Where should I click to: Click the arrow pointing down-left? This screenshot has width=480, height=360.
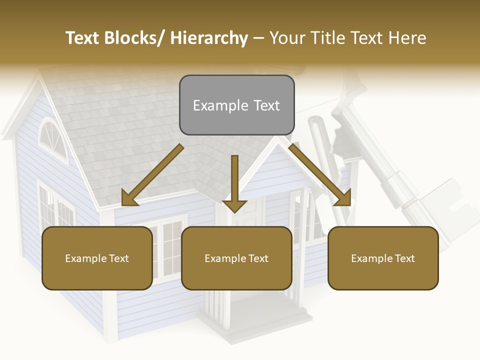[152, 175]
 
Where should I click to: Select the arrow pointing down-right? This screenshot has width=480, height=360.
[320, 175]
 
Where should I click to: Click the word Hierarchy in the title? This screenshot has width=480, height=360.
[209, 38]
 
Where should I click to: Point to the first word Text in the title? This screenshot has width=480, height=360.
[83, 38]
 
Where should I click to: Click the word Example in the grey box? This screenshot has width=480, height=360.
[220, 105]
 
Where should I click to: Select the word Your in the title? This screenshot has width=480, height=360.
[287, 38]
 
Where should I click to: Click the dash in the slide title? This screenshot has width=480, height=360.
[258, 38]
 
